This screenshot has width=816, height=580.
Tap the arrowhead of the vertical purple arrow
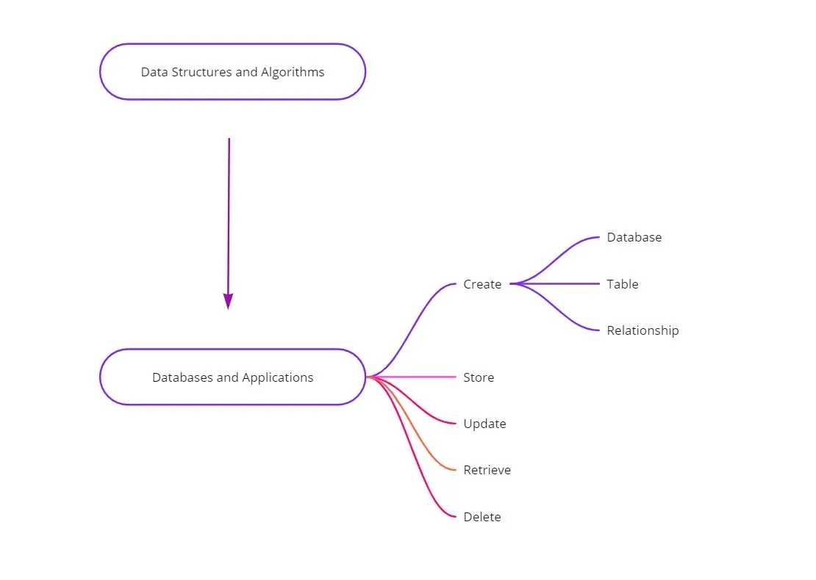228,301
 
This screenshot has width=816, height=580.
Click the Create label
482,284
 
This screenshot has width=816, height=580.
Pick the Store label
479,377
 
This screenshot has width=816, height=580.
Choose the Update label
484,424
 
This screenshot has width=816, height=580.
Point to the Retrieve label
487,470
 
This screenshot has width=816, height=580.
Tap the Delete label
482,517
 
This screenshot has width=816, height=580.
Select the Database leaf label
634,237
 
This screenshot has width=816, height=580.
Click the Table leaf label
623,284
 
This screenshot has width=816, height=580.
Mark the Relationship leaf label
643,330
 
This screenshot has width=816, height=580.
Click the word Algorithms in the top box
293,72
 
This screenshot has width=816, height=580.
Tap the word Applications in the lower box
279,377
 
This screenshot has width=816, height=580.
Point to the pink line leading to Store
419,377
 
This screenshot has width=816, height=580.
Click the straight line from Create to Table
559,283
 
